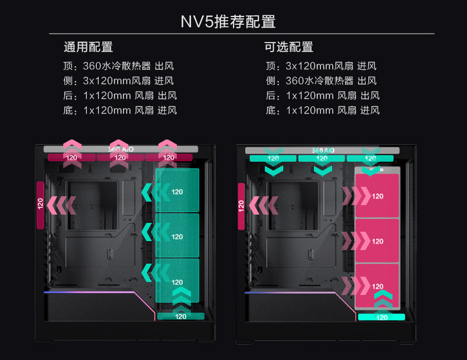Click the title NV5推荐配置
(228, 22)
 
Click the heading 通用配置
(88, 47)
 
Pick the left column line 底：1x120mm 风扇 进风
(120, 110)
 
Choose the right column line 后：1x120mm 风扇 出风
(323, 95)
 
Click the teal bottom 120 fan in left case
(181, 316)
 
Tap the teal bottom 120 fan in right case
(382, 317)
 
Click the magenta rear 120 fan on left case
(40, 205)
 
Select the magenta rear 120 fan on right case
(241, 206)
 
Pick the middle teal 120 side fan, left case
(177, 236)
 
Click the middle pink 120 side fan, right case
(377, 241)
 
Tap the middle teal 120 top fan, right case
(322, 158)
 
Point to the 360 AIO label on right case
(322, 151)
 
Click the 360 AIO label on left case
(121, 150)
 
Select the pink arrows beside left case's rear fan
(62, 205)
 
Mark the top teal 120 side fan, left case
(177, 191)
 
